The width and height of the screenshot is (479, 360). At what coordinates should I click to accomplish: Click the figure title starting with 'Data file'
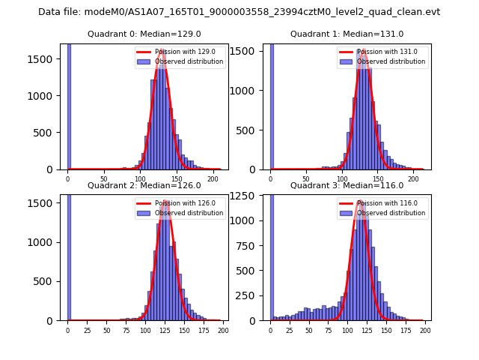pos(239,12)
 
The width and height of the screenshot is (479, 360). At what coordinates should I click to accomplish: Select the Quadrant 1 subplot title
pos(347,34)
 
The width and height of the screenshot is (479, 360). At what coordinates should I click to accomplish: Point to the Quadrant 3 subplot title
pos(347,185)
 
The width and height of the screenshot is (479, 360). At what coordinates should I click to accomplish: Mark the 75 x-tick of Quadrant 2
pos(126,330)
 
